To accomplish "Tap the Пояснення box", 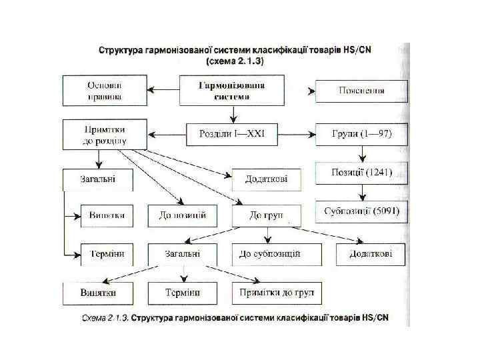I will coord(361,91).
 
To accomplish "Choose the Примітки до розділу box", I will coord(104,135).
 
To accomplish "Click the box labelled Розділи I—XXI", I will coord(232,135).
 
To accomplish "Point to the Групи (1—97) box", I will coord(361,135).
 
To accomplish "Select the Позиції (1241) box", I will coord(361,173).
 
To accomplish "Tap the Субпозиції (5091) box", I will coord(361,212).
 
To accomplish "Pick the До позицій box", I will coord(182,215).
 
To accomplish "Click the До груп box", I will coord(267,215).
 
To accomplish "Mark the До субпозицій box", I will coord(276,254).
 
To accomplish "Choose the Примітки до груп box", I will coord(276,293).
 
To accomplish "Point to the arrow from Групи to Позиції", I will coord(361,155).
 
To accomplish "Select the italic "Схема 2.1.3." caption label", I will coord(102,317).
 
